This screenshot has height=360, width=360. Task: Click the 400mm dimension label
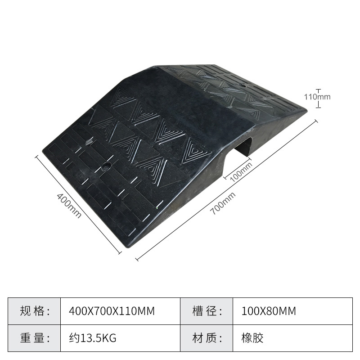pyautogui.click(x=69, y=206)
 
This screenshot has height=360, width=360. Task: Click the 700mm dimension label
pyautogui.click(x=223, y=203)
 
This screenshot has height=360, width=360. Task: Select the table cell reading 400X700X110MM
pyautogui.click(x=112, y=311)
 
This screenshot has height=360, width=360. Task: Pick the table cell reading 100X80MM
pyautogui.click(x=270, y=311)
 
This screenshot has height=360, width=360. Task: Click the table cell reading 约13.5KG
pyautogui.click(x=92, y=337)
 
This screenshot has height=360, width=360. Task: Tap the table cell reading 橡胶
pyautogui.click(x=252, y=337)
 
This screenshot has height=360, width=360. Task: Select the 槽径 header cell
pyautogui.click(x=207, y=311)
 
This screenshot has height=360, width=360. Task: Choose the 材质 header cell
pyautogui.click(x=207, y=337)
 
